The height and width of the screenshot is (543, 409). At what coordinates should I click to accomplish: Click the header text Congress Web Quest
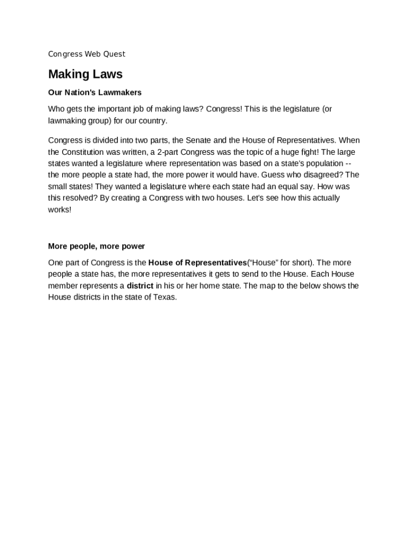coord(87,54)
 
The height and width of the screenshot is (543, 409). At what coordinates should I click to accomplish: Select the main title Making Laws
coord(85,74)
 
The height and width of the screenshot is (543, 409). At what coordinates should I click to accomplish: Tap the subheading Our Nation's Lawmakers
coord(95,92)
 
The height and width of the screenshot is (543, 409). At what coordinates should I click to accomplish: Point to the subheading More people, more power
coord(96,246)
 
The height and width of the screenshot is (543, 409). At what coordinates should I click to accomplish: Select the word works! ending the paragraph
coord(59,209)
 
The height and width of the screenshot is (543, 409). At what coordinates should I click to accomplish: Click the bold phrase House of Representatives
coord(198,262)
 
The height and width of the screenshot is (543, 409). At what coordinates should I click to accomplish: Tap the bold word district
coord(140,286)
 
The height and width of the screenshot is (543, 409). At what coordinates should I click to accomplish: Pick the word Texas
coord(165,297)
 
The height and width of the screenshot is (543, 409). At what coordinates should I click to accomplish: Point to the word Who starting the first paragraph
coord(56,109)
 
